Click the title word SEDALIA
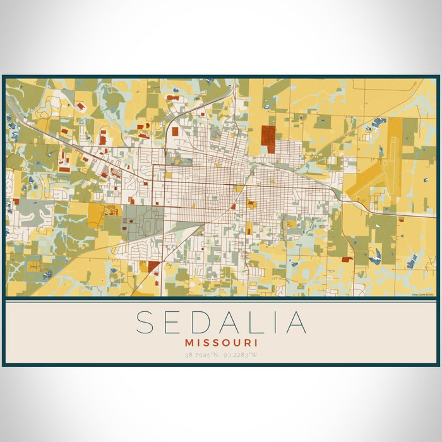pos(221,322)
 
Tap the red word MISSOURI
pos(221,342)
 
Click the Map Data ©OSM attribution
pos(423,294)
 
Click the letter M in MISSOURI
pos(191,342)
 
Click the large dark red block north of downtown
pos(268,139)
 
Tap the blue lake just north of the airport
pos(379,122)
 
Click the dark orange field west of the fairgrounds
pos(97,215)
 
